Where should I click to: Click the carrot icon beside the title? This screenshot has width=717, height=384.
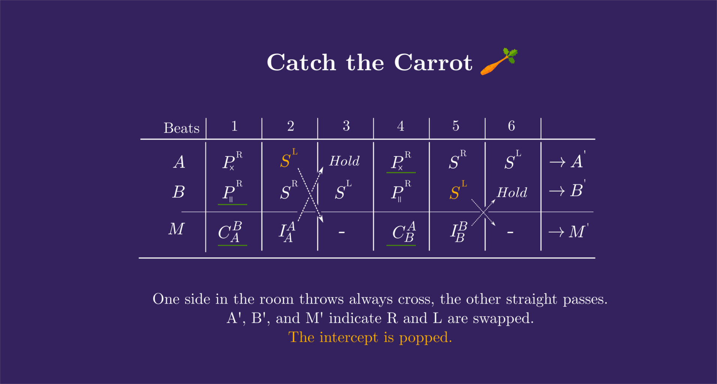pyautogui.click(x=499, y=61)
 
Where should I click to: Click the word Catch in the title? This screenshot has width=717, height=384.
pyautogui.click(x=301, y=62)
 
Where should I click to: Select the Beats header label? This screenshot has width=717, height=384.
pyautogui.click(x=181, y=128)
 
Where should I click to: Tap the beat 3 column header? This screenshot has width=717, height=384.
pyautogui.click(x=346, y=126)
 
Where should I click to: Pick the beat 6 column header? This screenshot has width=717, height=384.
pyautogui.click(x=511, y=126)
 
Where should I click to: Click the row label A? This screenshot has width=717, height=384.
pyautogui.click(x=179, y=162)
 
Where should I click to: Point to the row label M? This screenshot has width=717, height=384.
pyautogui.click(x=176, y=229)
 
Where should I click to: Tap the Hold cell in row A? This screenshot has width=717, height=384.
pyautogui.click(x=344, y=161)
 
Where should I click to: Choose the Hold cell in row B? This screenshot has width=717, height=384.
pyautogui.click(x=512, y=193)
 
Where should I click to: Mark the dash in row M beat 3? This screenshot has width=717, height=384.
pyautogui.click(x=341, y=233)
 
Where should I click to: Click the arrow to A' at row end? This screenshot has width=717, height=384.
pyautogui.click(x=557, y=162)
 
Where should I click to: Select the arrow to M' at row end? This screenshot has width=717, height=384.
pyautogui.click(x=556, y=232)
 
